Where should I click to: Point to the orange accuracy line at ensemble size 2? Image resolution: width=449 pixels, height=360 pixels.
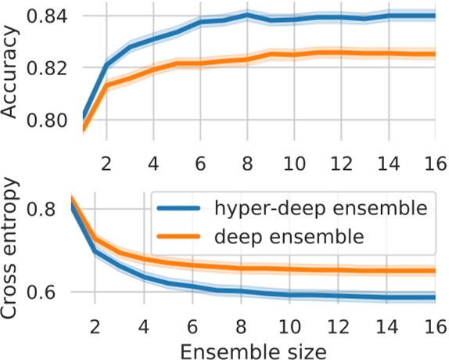[x=106, y=85]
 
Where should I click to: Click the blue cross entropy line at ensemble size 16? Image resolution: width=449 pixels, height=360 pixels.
[x=434, y=297]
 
